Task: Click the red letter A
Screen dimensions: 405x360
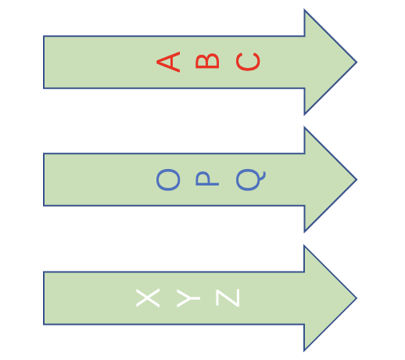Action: coord(170,62)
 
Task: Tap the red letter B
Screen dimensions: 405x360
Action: coord(207,61)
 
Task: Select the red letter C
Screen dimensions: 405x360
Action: coord(248,62)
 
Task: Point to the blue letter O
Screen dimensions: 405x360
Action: coord(168,180)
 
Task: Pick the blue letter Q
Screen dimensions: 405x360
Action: coord(248,180)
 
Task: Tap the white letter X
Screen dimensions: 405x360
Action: coord(148,298)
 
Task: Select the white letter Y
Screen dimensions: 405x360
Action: coord(188,298)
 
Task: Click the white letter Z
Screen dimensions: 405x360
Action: coord(228,297)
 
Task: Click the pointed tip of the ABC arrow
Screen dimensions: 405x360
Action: coord(357,62)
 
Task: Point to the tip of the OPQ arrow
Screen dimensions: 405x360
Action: coord(357,179)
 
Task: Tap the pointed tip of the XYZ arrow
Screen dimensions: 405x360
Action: coord(357,298)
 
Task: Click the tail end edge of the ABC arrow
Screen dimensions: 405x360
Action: coord(44,62)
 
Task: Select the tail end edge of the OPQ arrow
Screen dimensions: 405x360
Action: coord(44,179)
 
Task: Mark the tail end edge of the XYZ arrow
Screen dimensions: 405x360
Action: coord(44,298)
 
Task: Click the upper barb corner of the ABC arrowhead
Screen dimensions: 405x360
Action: coord(304,10)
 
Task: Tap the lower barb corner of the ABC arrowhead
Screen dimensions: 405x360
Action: coord(304,114)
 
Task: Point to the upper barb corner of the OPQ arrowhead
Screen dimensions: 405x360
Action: coord(304,128)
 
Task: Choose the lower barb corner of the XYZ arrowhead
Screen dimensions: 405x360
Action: coord(304,351)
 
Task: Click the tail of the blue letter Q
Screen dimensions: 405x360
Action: coord(263,176)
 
